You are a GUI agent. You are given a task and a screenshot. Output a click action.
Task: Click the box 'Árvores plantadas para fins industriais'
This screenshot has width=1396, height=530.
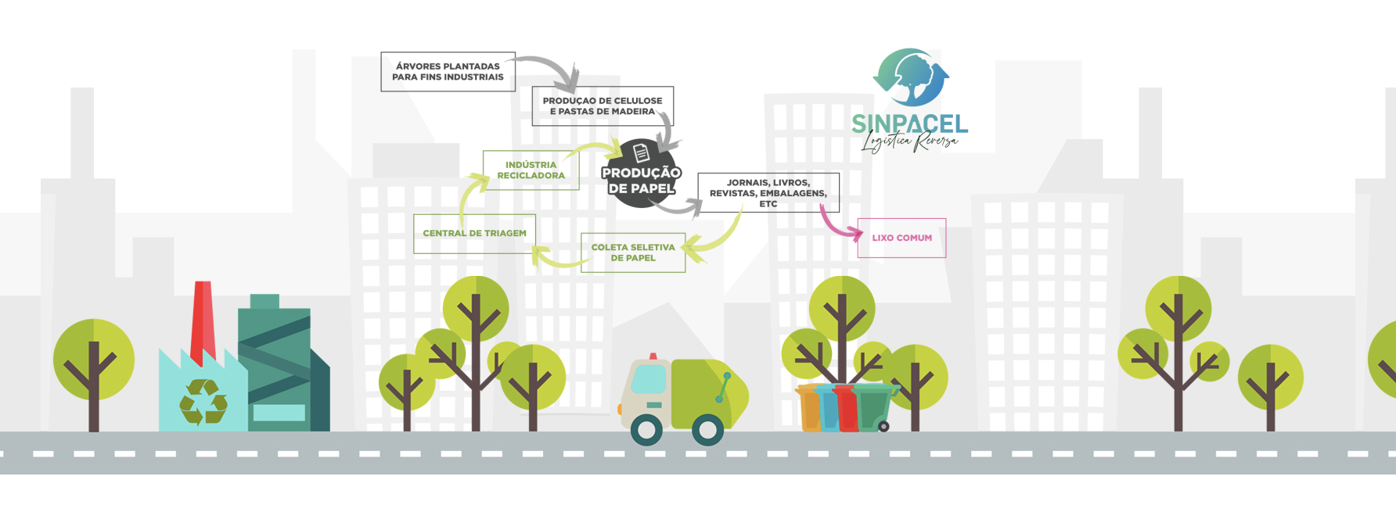[x=448, y=72]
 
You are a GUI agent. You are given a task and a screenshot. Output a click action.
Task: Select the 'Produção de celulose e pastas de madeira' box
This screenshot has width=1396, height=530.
[x=602, y=106]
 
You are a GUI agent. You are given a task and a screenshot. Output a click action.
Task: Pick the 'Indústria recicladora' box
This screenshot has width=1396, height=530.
[x=531, y=170]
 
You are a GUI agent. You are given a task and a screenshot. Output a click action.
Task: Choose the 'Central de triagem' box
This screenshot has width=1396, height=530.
[x=474, y=234]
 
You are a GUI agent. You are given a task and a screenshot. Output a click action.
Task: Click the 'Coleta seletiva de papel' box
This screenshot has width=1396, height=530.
[x=632, y=252]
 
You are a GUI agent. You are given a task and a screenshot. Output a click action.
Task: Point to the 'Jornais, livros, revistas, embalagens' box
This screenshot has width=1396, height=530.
[x=768, y=193]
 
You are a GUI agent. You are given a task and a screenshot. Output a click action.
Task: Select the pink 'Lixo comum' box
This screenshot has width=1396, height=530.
[x=901, y=238]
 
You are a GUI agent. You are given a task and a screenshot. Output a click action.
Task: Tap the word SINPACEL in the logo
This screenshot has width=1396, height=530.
[x=909, y=124]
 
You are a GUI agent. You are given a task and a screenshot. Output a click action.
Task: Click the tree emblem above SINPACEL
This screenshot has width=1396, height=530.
[x=911, y=77]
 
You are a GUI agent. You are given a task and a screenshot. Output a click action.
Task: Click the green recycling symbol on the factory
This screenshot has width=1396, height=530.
[x=203, y=402]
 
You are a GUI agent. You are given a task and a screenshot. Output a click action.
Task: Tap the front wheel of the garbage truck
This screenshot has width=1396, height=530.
[x=646, y=430]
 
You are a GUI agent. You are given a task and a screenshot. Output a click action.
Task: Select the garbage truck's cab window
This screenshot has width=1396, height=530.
[x=648, y=379]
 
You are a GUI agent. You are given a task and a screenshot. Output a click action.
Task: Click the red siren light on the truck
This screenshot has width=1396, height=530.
[x=653, y=356]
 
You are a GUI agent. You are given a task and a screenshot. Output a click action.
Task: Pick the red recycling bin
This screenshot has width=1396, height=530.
[x=847, y=408]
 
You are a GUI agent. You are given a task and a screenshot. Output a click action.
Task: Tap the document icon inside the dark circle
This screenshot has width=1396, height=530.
[x=641, y=152]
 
